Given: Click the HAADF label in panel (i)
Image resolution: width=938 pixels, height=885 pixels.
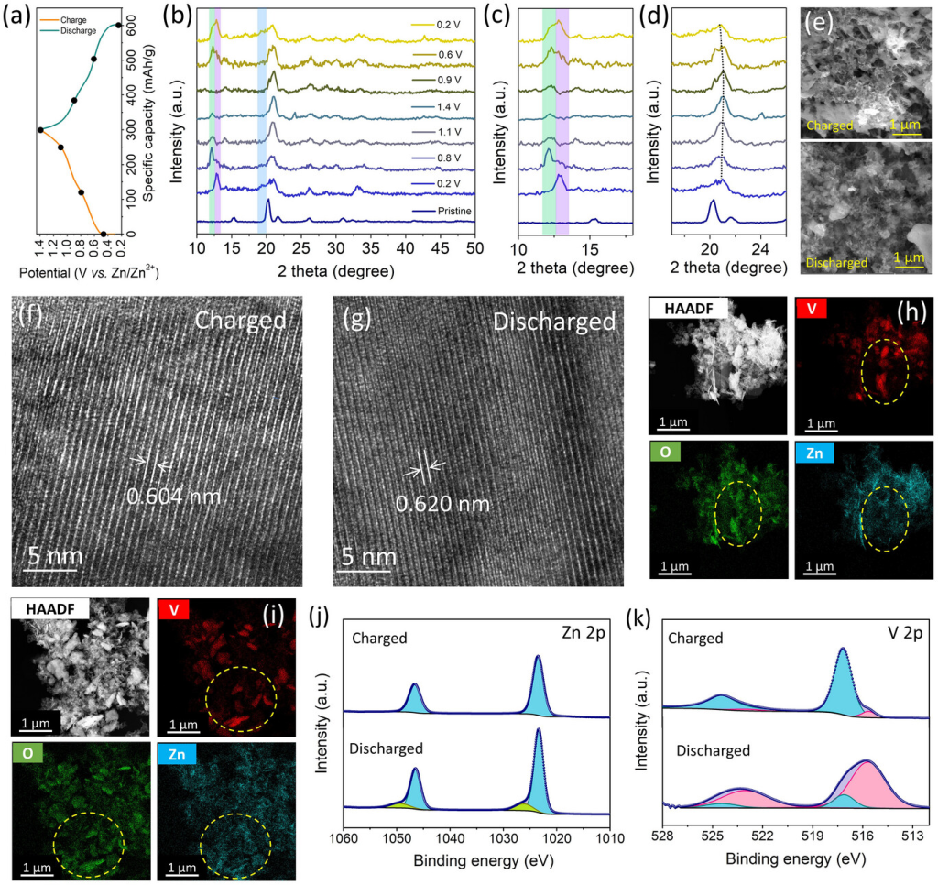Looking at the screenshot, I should tap(45, 608).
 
